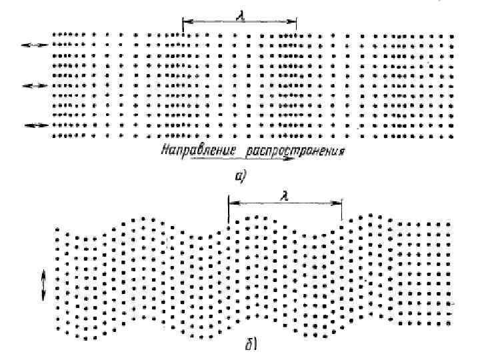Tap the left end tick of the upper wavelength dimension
183,24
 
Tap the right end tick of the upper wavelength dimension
296,24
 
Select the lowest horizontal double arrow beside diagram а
35,125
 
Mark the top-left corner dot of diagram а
54,33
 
